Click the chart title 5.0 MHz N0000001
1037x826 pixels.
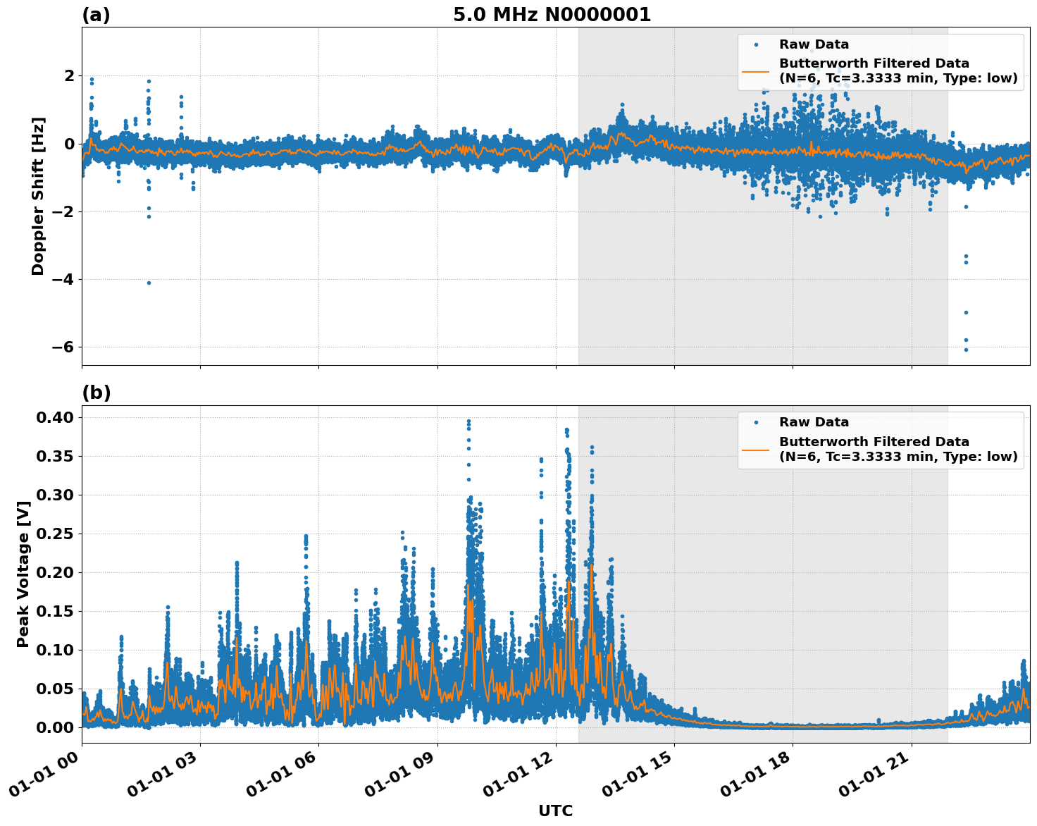552,15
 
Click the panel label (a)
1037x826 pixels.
96,15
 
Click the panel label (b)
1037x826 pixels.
96,393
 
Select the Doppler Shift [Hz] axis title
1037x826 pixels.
38,196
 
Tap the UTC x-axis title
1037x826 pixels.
555,810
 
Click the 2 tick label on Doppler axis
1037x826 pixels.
69,75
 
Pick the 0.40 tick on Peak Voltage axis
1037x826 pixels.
54,417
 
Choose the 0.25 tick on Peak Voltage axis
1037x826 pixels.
54,534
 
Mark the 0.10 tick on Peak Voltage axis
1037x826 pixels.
54,650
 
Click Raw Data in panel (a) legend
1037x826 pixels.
814,44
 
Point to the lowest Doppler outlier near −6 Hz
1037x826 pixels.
966,350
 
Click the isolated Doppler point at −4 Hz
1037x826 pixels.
149,283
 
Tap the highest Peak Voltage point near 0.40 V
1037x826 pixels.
468,421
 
